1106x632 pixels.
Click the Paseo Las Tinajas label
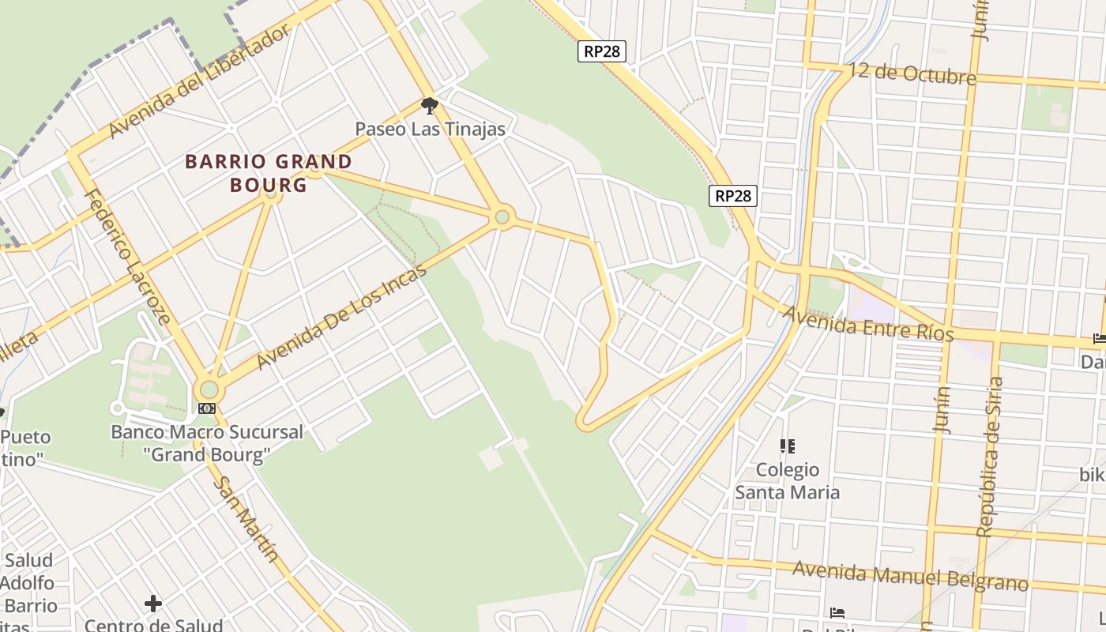[x=430, y=129]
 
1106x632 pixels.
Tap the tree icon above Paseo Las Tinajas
[x=429, y=105]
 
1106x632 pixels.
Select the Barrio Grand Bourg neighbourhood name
[x=268, y=173]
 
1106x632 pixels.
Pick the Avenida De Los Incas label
[x=341, y=315]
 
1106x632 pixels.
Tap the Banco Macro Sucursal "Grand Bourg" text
[x=207, y=443]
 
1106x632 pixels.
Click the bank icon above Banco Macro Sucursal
[x=207, y=408]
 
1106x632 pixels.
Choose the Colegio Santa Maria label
[x=788, y=481]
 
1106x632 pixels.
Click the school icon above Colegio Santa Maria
[x=787, y=447]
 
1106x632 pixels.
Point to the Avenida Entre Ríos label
[x=867, y=324]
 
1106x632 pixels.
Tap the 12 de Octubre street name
[x=914, y=74]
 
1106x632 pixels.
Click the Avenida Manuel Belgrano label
[x=910, y=576]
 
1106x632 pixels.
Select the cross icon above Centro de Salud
[x=153, y=604]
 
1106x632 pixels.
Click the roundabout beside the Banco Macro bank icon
[x=209, y=389]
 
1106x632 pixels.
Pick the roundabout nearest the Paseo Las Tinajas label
[x=502, y=216]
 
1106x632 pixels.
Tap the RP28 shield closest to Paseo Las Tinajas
[x=602, y=51]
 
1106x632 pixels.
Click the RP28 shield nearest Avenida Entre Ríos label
[x=733, y=196]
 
